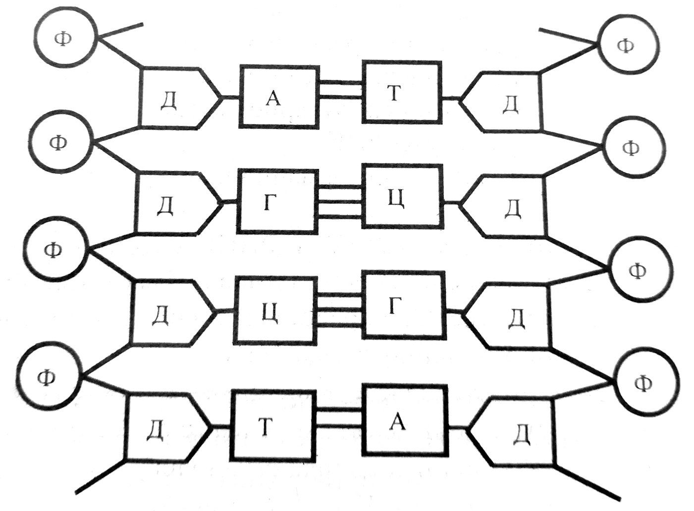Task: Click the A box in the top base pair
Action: click(x=279, y=97)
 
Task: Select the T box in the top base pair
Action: click(x=401, y=92)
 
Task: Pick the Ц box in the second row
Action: click(x=402, y=197)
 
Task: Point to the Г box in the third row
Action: click(x=404, y=306)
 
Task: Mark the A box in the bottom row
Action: click(x=406, y=420)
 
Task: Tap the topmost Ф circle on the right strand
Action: click(x=628, y=45)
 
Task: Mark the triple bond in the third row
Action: click(x=340, y=309)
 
